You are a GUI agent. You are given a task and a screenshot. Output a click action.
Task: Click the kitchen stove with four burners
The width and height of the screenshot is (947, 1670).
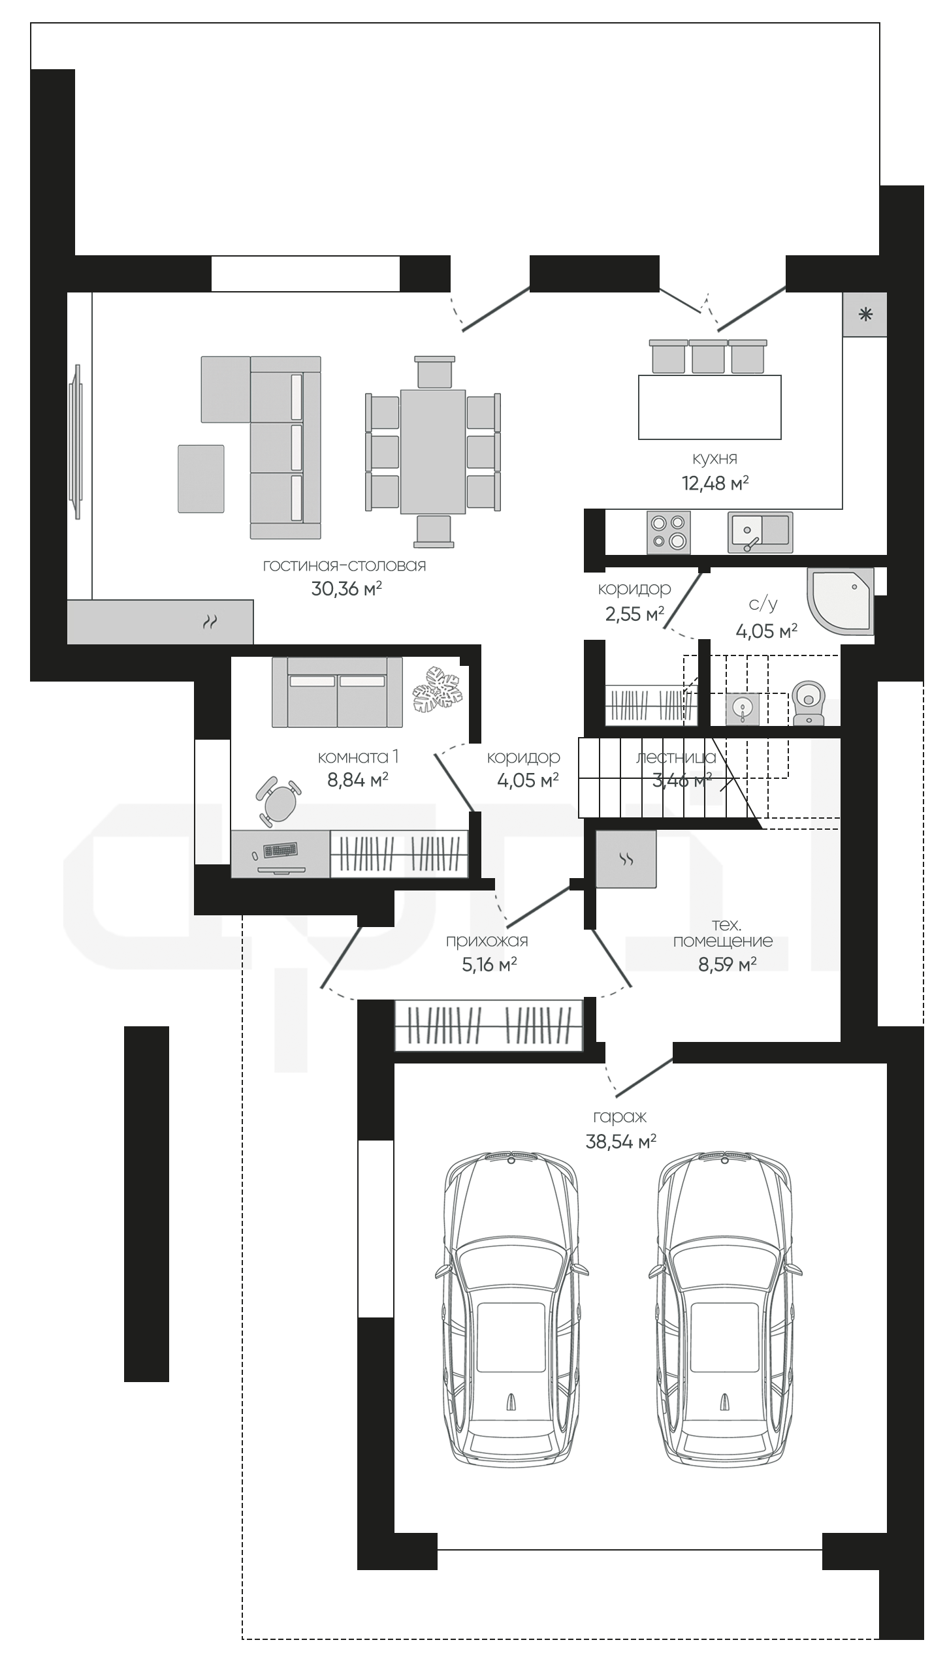668,532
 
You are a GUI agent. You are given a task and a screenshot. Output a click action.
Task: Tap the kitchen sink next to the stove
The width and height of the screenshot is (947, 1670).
760,532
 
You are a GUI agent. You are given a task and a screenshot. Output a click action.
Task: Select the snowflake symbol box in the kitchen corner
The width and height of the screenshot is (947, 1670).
865,315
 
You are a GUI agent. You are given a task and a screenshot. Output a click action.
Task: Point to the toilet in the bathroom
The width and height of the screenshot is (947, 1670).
809,703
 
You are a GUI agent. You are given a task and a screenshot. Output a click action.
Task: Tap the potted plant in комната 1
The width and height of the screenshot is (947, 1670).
438,689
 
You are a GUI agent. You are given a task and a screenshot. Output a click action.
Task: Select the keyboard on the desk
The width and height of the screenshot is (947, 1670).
280,851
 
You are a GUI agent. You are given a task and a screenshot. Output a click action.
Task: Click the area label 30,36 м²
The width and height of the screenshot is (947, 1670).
346,589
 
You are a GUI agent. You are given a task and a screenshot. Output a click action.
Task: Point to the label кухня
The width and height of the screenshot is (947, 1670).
715,459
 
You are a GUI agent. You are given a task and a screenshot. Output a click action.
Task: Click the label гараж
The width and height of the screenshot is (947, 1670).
620,1116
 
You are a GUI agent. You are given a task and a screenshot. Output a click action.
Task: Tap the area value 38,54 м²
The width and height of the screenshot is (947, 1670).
621,1141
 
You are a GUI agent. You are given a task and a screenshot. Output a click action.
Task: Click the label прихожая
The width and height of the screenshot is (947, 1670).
487,941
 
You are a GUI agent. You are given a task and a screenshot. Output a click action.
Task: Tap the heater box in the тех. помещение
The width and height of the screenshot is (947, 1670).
626,859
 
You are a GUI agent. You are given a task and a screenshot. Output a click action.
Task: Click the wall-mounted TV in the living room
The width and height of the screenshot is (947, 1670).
77,442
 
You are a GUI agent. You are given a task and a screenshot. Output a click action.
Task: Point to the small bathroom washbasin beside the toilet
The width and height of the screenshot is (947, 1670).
743,709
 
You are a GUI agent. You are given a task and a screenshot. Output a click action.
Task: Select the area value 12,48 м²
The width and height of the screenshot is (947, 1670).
715,484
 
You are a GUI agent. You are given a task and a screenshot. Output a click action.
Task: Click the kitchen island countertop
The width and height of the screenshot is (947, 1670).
710,407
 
